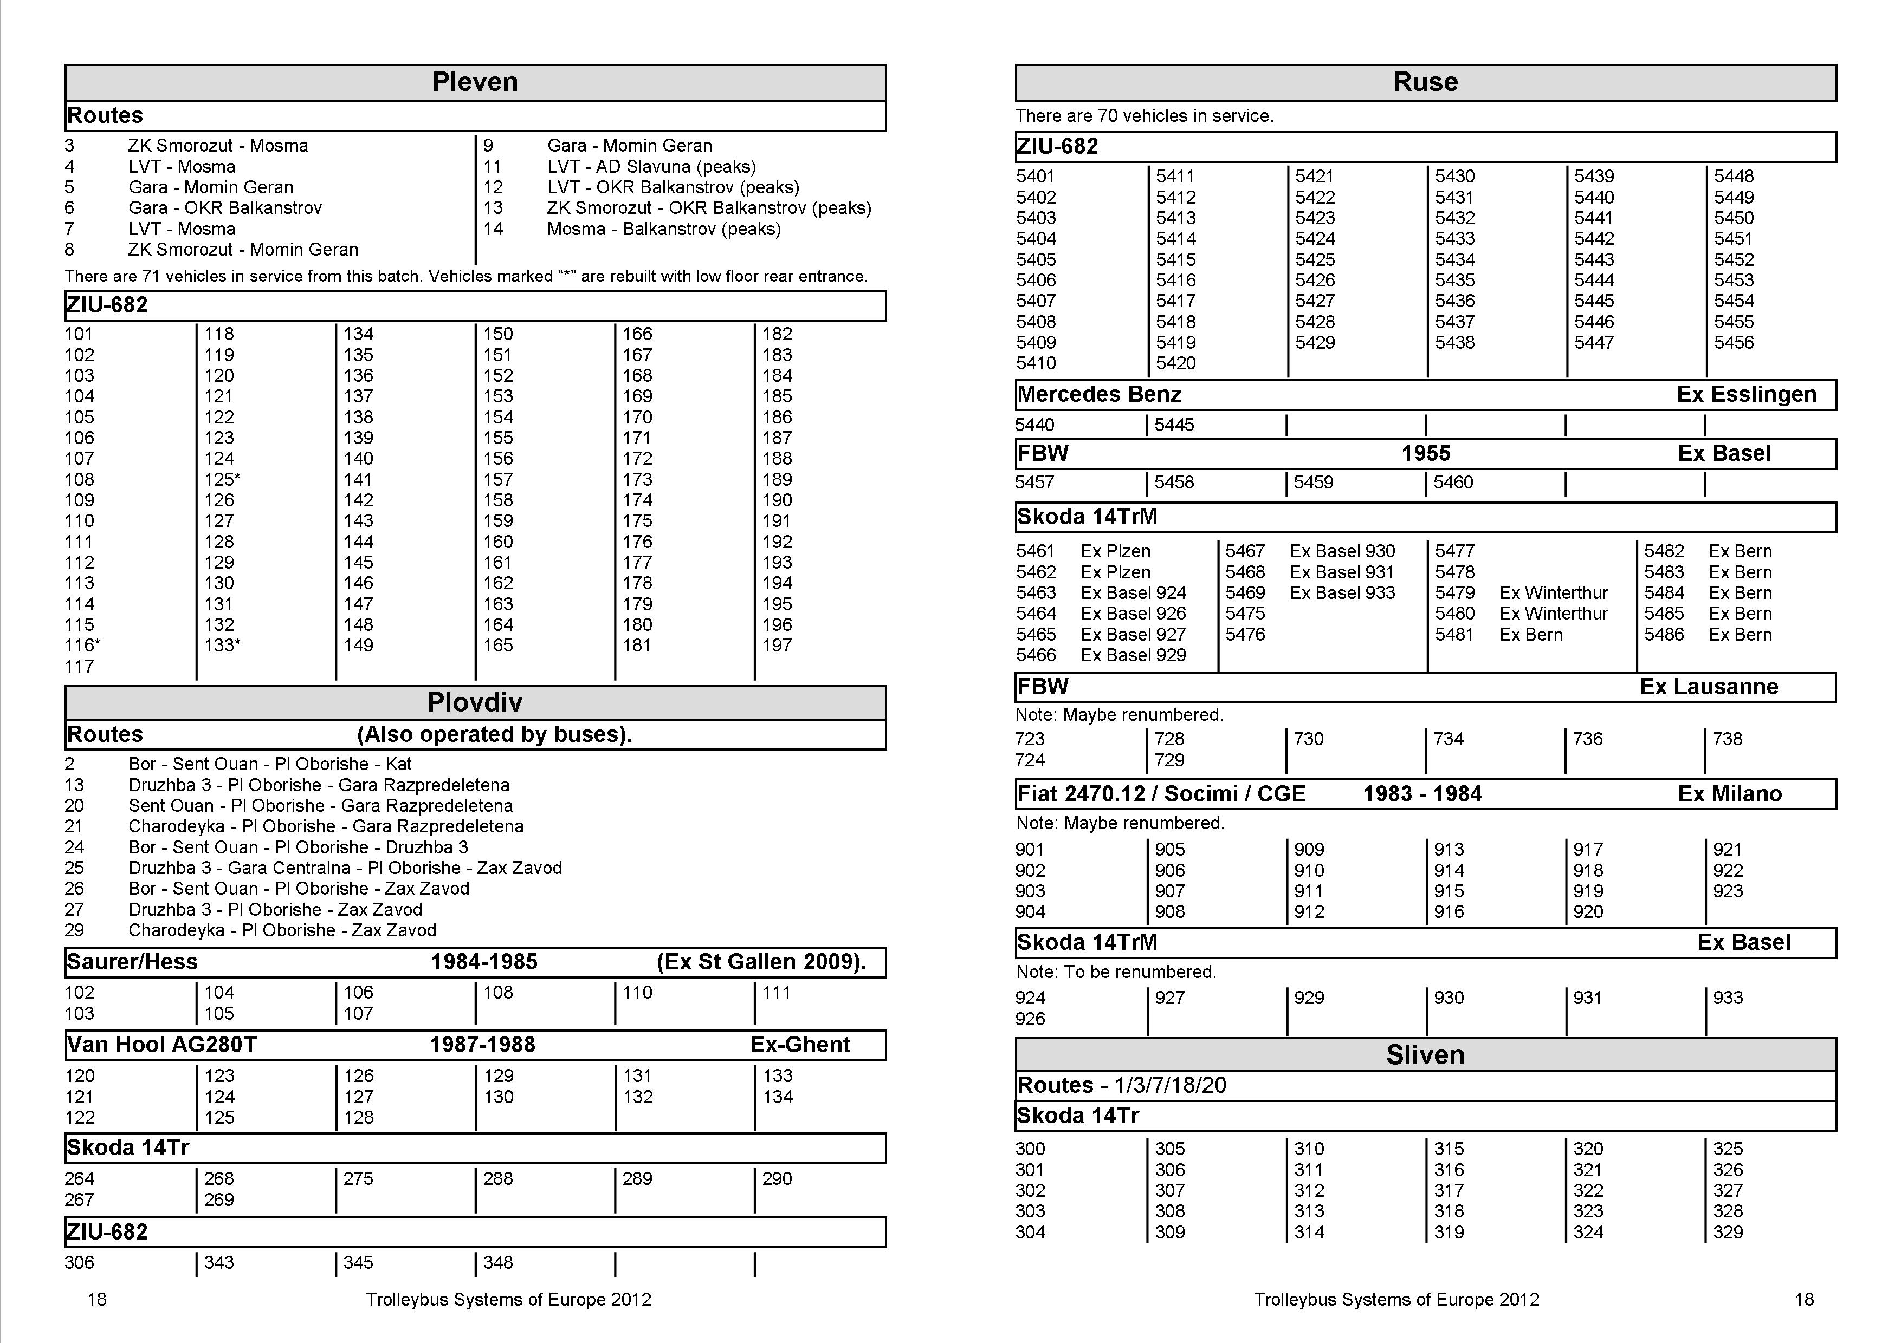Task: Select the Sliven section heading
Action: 1424,1055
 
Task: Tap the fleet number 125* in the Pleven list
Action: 222,480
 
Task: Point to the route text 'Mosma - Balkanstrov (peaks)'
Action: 663,229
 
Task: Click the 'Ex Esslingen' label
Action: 1746,395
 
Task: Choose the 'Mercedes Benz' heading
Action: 1098,395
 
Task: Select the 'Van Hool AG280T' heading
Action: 161,1045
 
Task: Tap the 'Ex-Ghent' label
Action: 800,1045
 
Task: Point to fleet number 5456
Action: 1733,343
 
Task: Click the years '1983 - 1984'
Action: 1421,794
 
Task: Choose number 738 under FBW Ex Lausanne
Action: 1727,739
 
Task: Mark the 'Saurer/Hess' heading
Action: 132,962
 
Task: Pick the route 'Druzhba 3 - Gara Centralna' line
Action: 345,868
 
